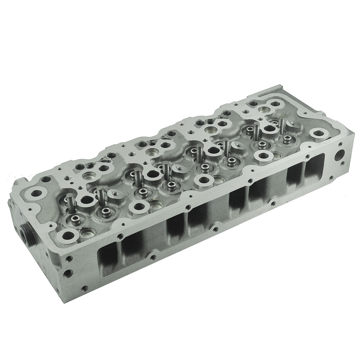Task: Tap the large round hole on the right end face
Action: [339, 157]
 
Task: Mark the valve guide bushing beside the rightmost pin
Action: [287, 138]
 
